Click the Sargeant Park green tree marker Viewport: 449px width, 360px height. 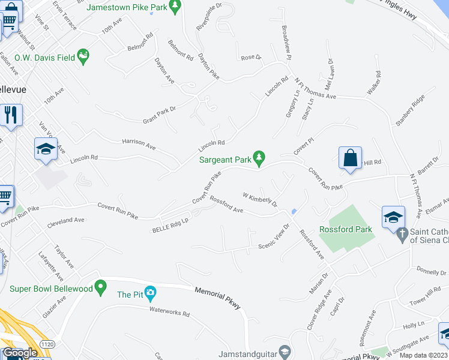[x=259, y=159]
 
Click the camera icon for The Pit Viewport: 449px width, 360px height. [x=151, y=294]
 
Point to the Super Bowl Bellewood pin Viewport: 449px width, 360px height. [x=101, y=289]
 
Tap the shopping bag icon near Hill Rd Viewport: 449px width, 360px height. [x=351, y=159]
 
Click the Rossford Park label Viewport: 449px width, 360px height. [x=345, y=229]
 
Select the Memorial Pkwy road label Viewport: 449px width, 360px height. [x=217, y=298]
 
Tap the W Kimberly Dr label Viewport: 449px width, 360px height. [x=259, y=199]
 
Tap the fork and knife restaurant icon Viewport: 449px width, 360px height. [x=11, y=115]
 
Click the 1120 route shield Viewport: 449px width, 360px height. [x=46, y=342]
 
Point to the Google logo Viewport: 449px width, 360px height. [x=20, y=352]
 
